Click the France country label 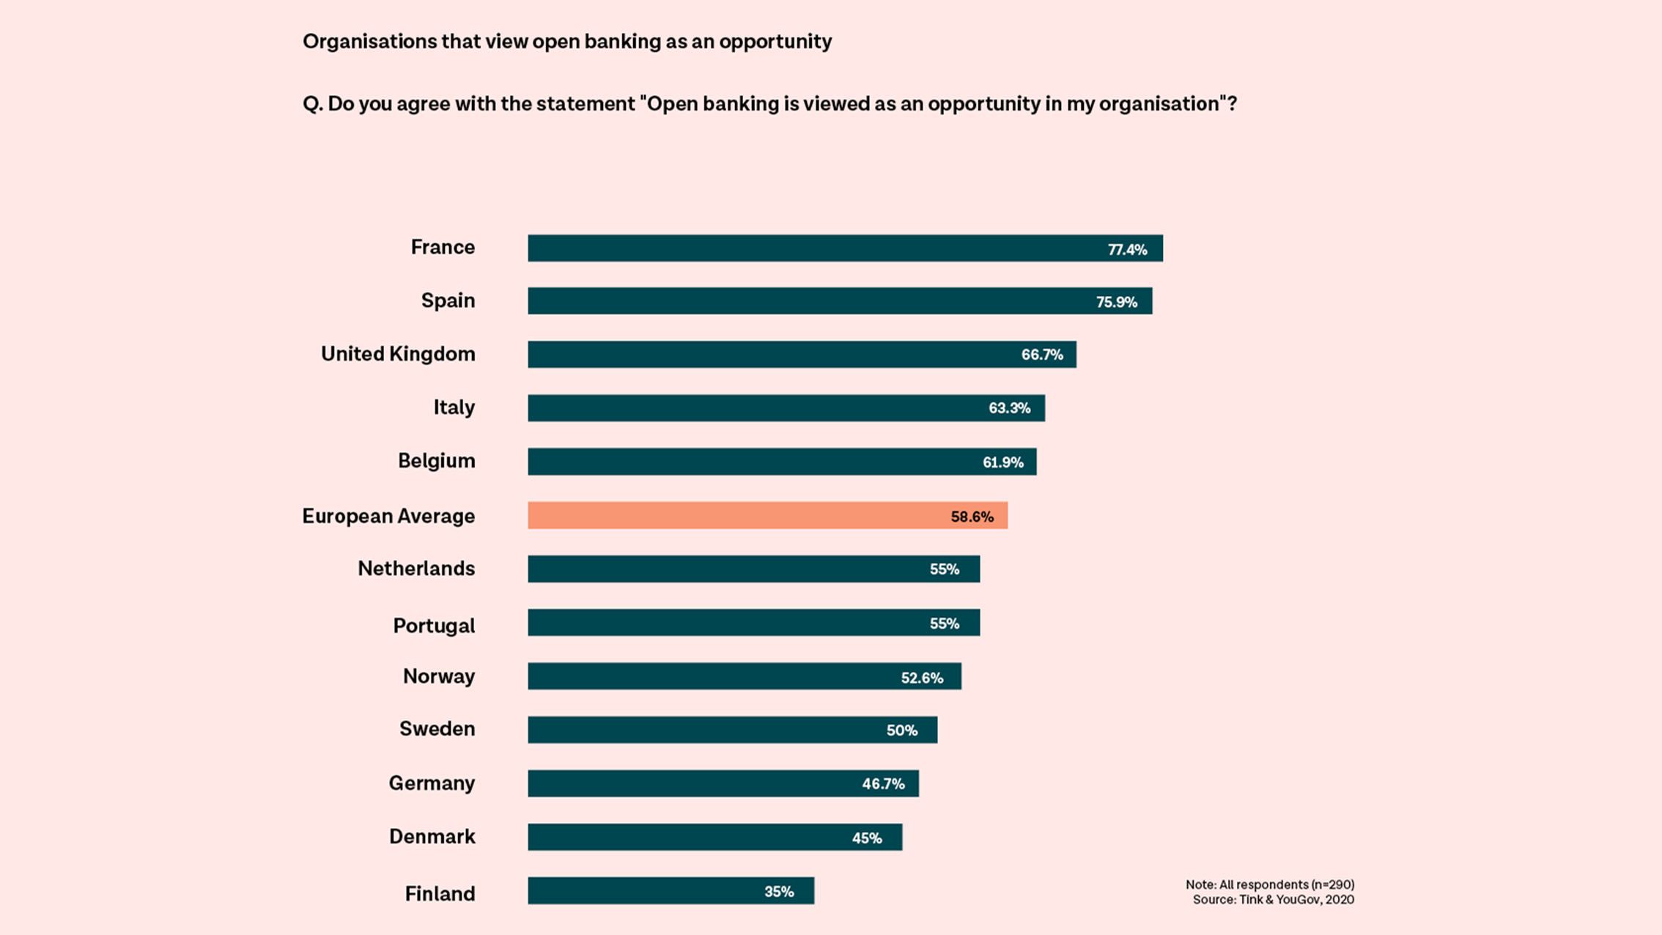point(443,248)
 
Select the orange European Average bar point(767,516)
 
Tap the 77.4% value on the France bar point(1127,250)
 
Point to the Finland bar point(671,891)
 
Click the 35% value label point(779,892)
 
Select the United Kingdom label point(398,355)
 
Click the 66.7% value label point(1041,355)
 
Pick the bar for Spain point(839,301)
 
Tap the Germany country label point(432,783)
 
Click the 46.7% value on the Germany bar point(883,784)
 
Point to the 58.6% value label point(972,517)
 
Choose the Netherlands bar point(753,569)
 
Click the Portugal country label point(434,626)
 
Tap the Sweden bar point(731,730)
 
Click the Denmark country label point(432,837)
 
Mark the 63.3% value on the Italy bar point(1009,409)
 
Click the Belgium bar point(781,462)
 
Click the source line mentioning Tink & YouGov point(1273,900)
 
